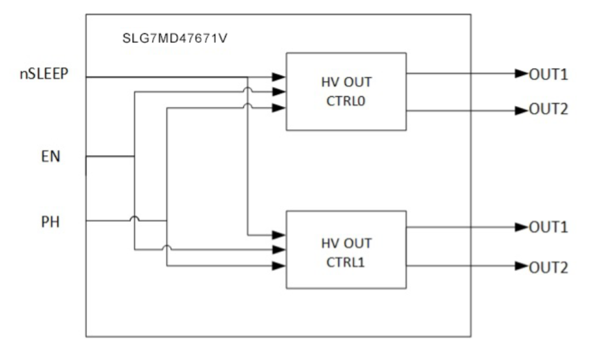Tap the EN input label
50,156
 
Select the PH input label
50,222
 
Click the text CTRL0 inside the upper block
347,101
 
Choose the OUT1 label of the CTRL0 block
549,75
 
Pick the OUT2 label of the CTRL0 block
549,110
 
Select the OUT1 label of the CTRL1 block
549,227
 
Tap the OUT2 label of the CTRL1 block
549,268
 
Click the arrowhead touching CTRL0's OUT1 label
522,73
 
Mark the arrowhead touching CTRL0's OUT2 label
522,111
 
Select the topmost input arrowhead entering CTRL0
280,76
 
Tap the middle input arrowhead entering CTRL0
280,92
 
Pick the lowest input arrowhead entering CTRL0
280,108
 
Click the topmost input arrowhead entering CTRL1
280,234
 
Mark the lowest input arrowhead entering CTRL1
280,266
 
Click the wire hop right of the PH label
135,219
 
